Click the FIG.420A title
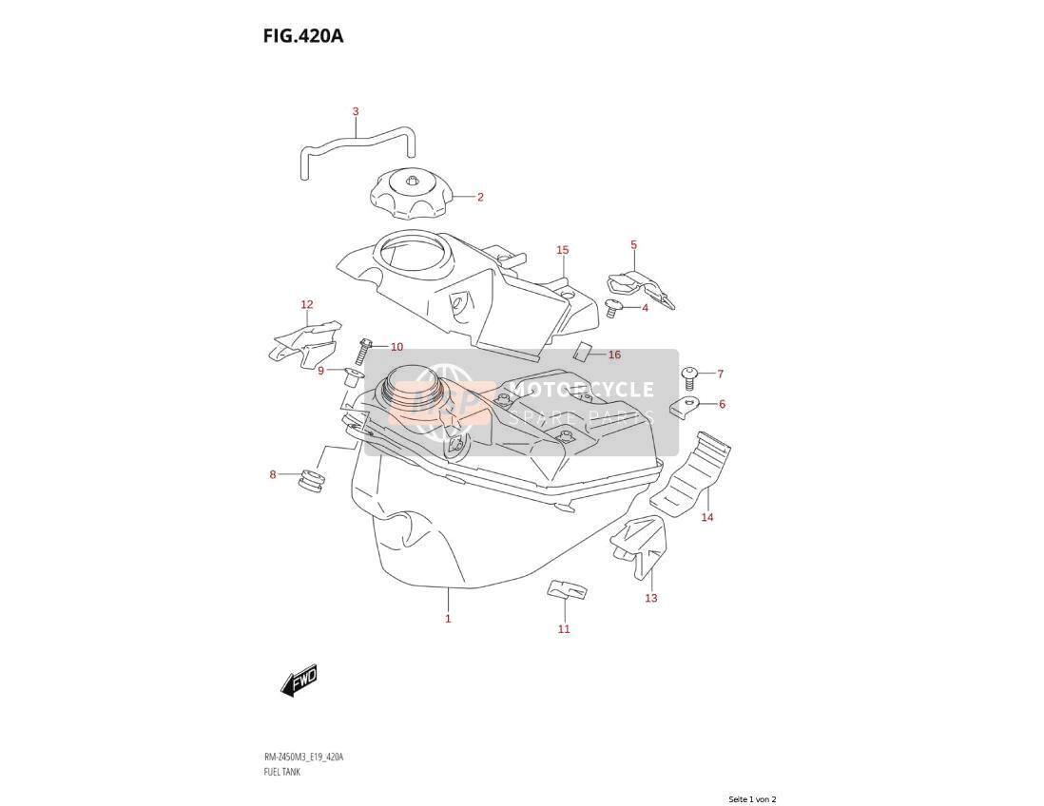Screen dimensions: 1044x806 [303, 35]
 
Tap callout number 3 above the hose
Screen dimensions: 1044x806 [356, 111]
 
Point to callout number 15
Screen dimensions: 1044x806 [563, 250]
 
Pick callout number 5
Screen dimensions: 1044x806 [634, 245]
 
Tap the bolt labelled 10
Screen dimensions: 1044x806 [364, 351]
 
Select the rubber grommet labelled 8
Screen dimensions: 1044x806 [311, 481]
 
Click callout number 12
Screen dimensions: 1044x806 [307, 305]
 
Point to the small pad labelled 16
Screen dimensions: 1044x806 [583, 351]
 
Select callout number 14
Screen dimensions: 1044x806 [707, 516]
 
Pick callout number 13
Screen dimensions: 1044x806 [651, 598]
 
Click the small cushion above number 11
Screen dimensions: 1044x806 [568, 589]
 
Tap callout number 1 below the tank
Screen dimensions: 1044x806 [448, 619]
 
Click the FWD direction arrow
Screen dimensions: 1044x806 [299, 681]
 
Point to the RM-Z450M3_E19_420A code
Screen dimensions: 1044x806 [303, 758]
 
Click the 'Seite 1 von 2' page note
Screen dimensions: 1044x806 [752, 799]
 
